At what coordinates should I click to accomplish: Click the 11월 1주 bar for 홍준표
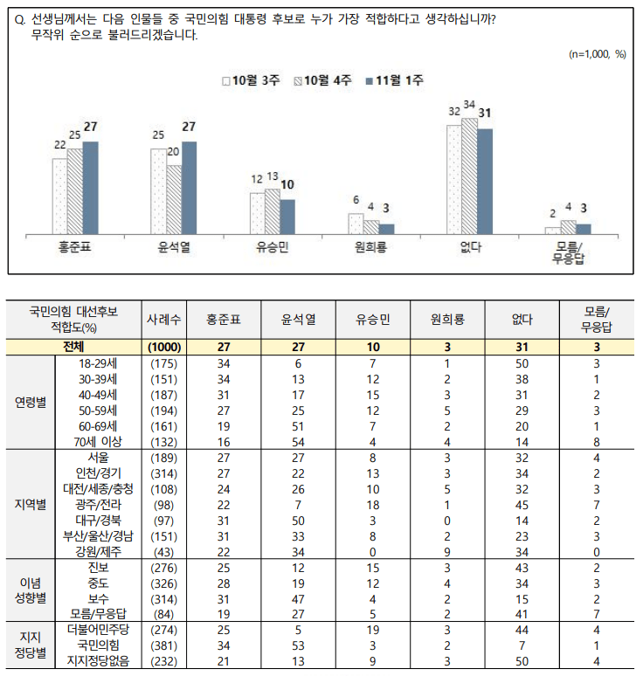90,187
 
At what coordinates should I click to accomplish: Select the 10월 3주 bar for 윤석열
159,190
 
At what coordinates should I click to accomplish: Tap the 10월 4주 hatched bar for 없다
469,175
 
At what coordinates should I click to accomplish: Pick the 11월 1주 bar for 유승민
287,216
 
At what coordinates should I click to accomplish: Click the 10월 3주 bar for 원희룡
356,223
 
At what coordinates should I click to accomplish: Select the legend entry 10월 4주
325,81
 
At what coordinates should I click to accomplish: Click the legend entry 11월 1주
393,81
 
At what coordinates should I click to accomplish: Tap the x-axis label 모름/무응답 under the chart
570,252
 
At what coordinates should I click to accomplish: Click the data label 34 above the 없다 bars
469,105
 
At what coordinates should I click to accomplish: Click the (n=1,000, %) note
598,53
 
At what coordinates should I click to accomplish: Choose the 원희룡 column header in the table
447,320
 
